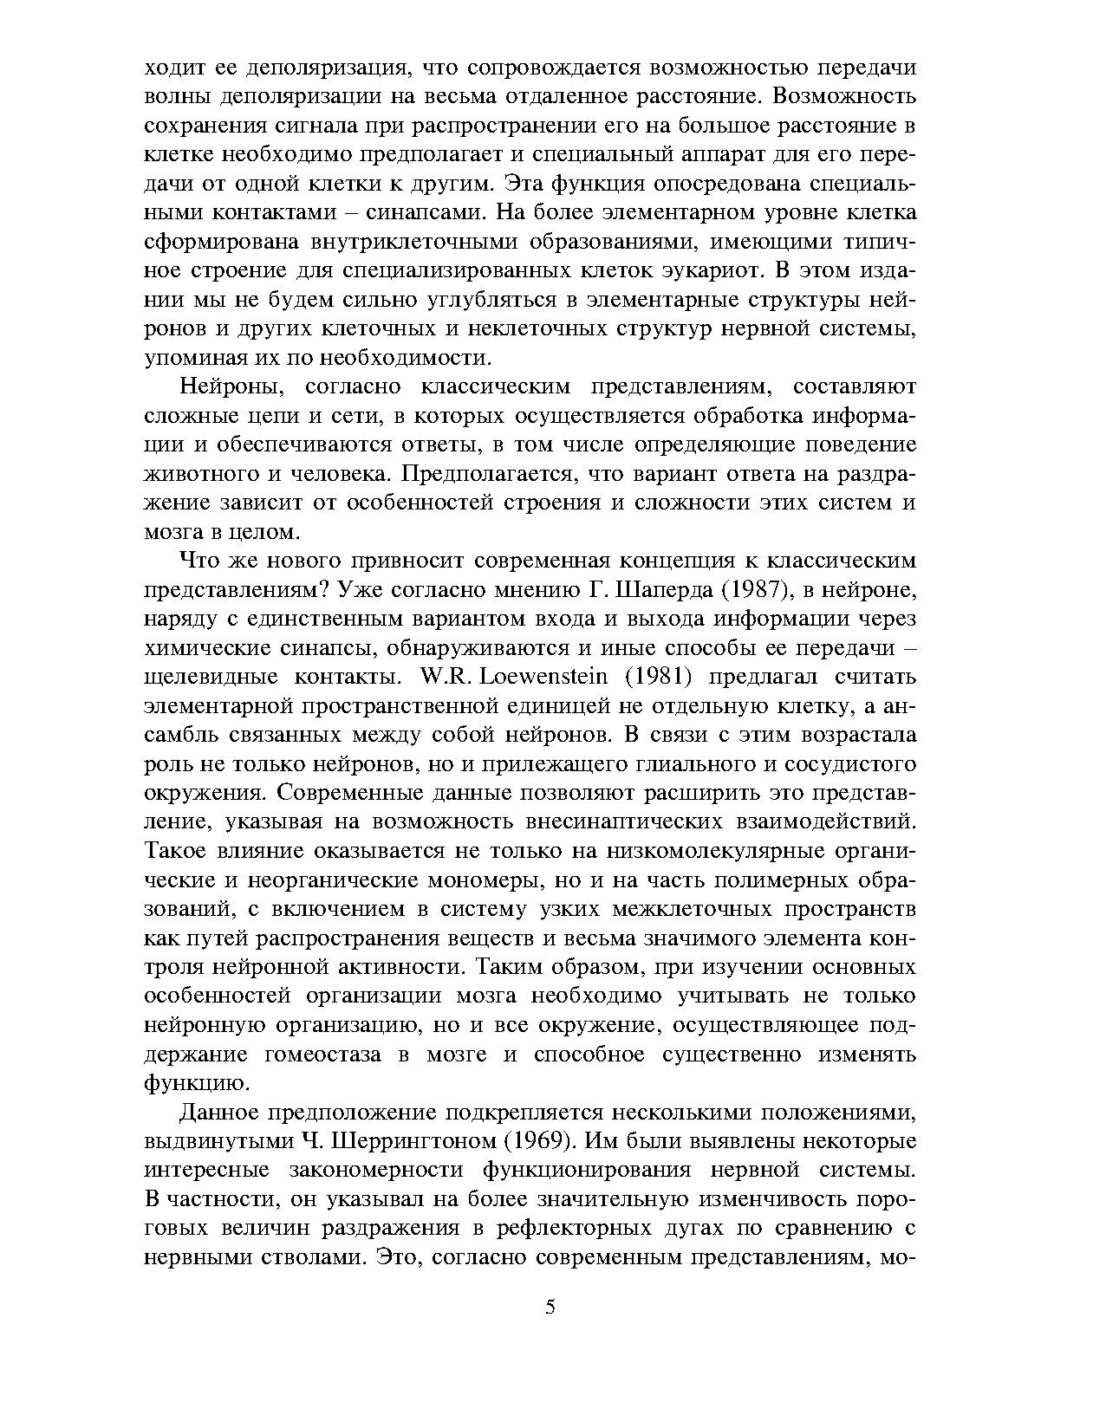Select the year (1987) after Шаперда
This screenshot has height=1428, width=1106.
tap(760, 589)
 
